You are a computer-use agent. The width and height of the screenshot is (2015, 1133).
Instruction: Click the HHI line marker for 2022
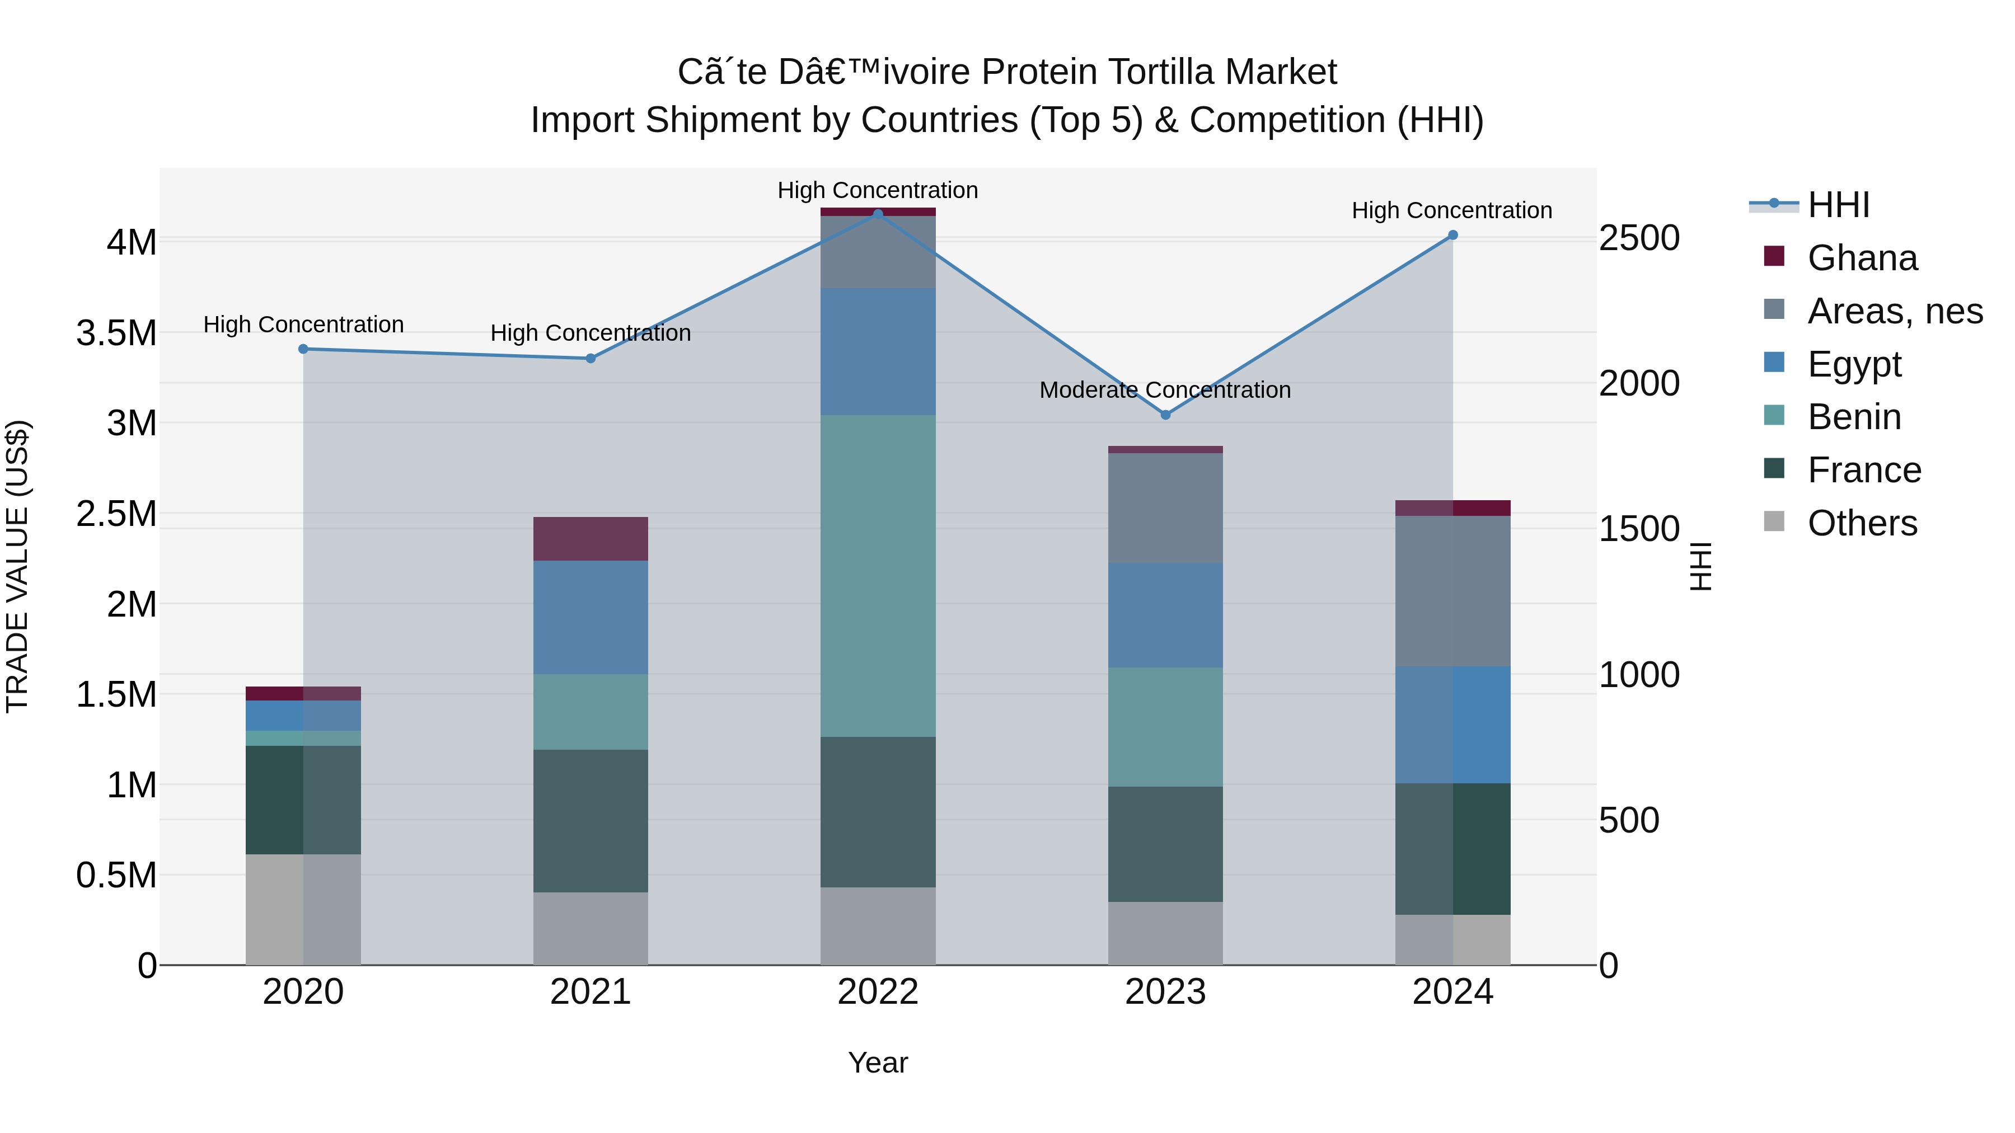pos(878,214)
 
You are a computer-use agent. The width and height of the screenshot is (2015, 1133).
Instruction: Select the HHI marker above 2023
pos(1165,415)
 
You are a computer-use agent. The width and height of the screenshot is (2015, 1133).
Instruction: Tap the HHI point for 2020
pos(303,349)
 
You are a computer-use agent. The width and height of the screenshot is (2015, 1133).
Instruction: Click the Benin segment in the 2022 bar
pos(878,576)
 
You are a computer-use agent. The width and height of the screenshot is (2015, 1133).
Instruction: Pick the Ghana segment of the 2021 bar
pos(591,539)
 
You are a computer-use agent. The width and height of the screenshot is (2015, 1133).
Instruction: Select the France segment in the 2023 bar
pos(1165,844)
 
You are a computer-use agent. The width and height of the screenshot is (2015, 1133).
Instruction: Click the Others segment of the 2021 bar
pos(591,928)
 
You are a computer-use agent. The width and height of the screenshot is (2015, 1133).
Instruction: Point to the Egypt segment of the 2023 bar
pos(1165,614)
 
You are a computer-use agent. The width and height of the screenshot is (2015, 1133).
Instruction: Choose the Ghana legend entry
pos(1862,258)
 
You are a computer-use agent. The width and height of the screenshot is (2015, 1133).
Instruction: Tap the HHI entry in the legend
pos(1838,205)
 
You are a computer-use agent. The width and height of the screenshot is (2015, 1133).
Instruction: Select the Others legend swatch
pos(1775,521)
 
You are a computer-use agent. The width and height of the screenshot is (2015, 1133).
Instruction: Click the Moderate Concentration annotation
pos(1165,389)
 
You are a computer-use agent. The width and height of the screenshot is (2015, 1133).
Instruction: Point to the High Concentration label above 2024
pos(1452,210)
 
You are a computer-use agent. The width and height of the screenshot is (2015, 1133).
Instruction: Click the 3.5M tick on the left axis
pos(116,333)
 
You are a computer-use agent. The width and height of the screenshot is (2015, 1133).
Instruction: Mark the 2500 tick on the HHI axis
pos(1639,238)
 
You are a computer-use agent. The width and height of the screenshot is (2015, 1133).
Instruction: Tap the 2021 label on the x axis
pos(591,992)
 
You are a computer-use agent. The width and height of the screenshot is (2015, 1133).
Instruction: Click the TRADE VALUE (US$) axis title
pos(17,566)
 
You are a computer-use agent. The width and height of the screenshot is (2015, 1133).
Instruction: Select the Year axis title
pos(878,1063)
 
